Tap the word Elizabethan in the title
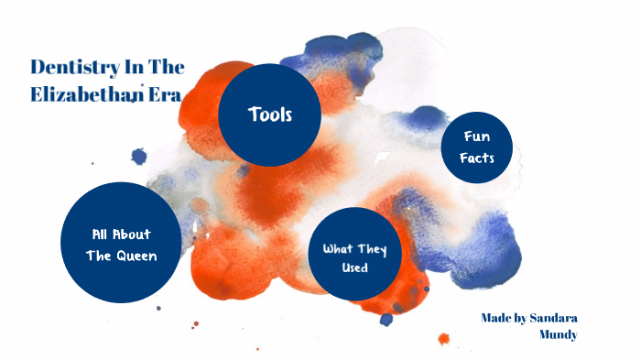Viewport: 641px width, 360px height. [83, 93]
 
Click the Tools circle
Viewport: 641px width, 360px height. [269, 115]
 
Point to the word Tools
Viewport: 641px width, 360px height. [269, 115]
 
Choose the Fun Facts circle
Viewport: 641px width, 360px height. [476, 147]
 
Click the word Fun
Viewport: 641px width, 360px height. [476, 136]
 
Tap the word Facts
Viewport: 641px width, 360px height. [476, 158]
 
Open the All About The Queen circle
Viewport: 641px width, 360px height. [121, 243]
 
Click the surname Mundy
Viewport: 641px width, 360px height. [559, 335]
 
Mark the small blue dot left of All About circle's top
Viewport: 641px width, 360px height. [139, 157]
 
